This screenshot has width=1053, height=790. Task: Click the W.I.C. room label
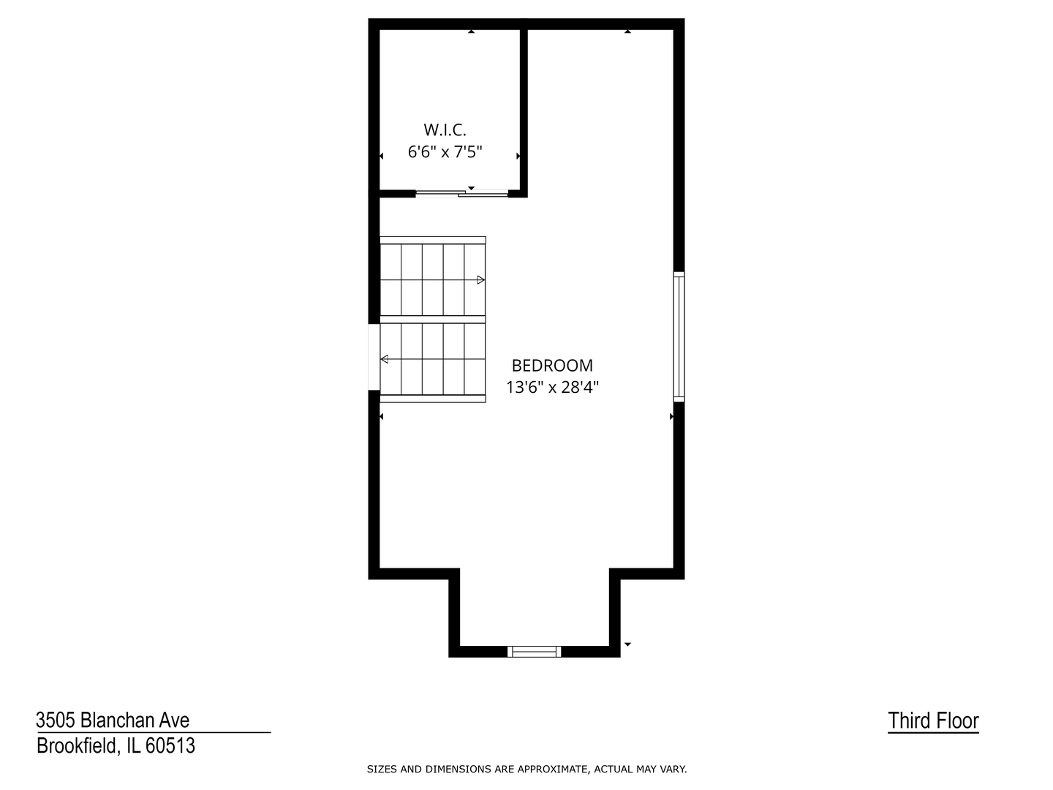point(445,130)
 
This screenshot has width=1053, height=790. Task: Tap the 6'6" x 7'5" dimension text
point(445,152)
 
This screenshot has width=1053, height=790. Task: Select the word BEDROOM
point(552,366)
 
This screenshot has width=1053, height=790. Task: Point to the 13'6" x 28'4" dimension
point(552,387)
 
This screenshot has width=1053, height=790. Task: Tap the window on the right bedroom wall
point(679,336)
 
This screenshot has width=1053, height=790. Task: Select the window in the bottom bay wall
point(535,651)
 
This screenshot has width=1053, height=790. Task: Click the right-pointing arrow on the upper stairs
point(480,279)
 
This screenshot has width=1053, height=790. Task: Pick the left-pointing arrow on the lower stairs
point(385,359)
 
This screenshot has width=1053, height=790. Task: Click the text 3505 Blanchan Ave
point(113,721)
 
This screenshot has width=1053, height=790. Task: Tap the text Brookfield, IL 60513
point(116,746)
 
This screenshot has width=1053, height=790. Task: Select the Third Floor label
point(933,721)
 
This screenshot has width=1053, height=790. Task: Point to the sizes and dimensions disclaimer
point(526,769)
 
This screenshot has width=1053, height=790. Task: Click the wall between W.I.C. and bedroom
point(524,110)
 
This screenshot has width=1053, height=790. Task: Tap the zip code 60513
point(170,746)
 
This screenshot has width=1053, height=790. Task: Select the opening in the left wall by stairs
point(374,357)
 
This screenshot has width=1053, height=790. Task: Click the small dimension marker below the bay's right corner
point(627,644)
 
